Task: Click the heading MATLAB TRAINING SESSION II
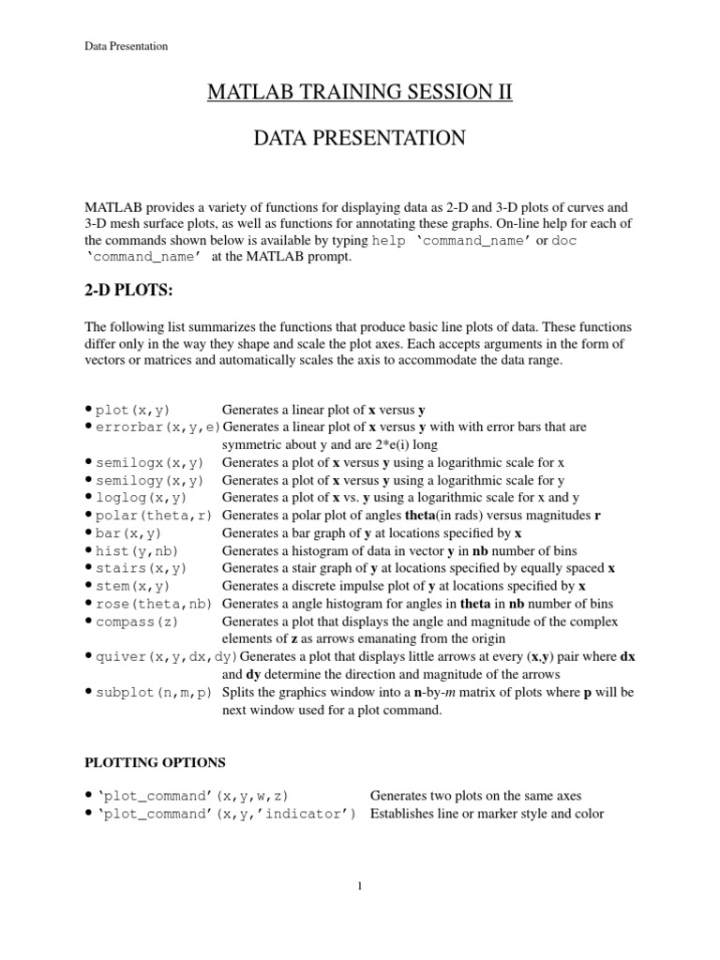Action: coord(359,93)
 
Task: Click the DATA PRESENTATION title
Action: coord(359,139)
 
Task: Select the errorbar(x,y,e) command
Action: coord(157,427)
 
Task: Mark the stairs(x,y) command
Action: coord(142,569)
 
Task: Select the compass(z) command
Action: coord(139,622)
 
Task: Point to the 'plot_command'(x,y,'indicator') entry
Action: coord(226,814)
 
